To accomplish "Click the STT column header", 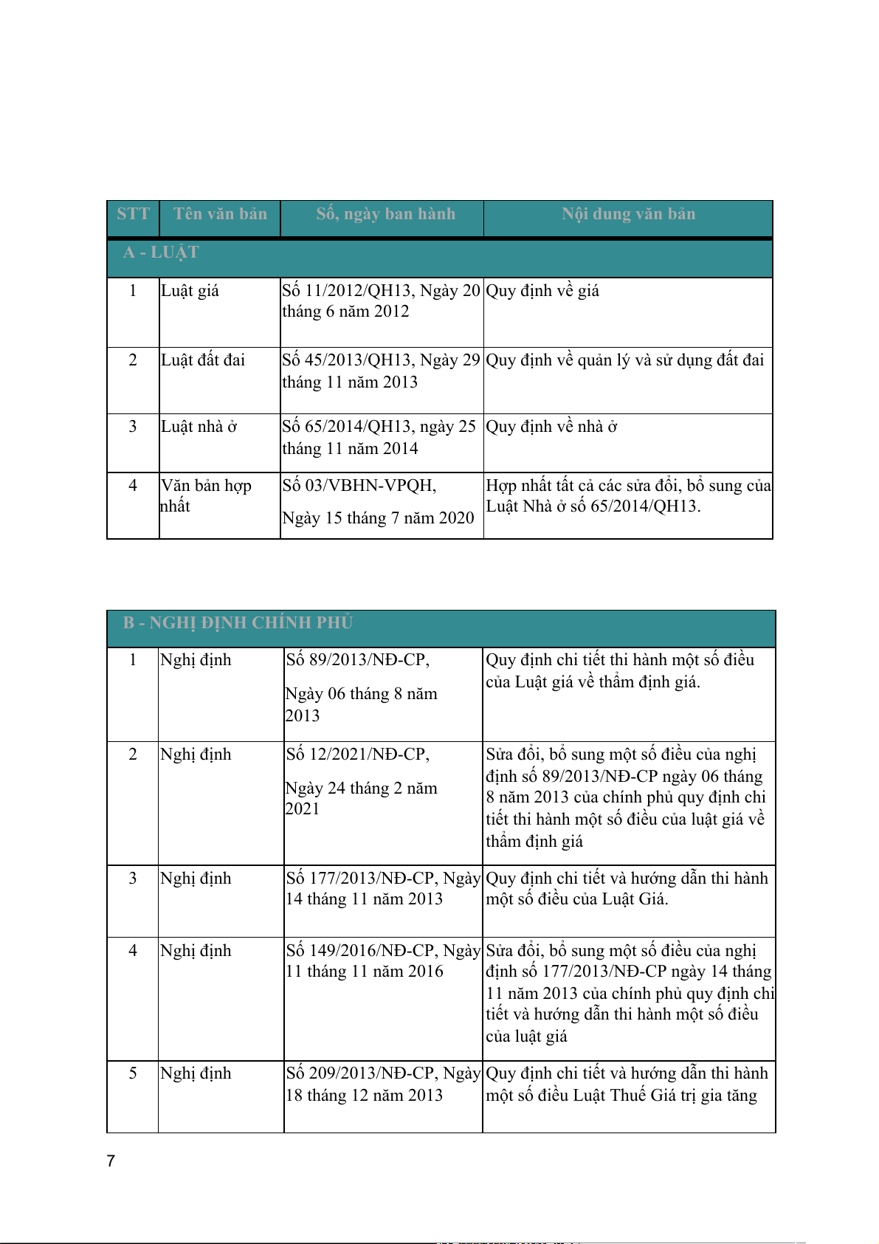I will [133, 214].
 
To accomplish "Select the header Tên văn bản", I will [220, 214].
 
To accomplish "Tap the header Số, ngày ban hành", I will [385, 214].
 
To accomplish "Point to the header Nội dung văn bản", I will [628, 214].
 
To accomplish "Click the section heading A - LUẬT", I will [161, 252].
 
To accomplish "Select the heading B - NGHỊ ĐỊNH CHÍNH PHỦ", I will [238, 622].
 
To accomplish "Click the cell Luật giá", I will [190, 291].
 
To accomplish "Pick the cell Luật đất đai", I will [203, 360].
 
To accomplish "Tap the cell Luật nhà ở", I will [199, 427].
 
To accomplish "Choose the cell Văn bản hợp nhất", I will [206, 495].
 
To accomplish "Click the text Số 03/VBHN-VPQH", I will [359, 486].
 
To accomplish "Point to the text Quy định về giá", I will [542, 291].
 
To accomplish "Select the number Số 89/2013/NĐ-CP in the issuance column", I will [357, 660].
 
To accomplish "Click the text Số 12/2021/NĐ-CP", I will [357, 755].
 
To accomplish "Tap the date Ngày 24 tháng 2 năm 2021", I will [361, 799].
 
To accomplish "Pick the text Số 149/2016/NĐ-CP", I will [361, 951].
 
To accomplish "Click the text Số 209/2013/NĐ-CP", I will [361, 1073].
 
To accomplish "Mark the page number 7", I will [111, 1161].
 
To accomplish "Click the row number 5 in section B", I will [133, 1073].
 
